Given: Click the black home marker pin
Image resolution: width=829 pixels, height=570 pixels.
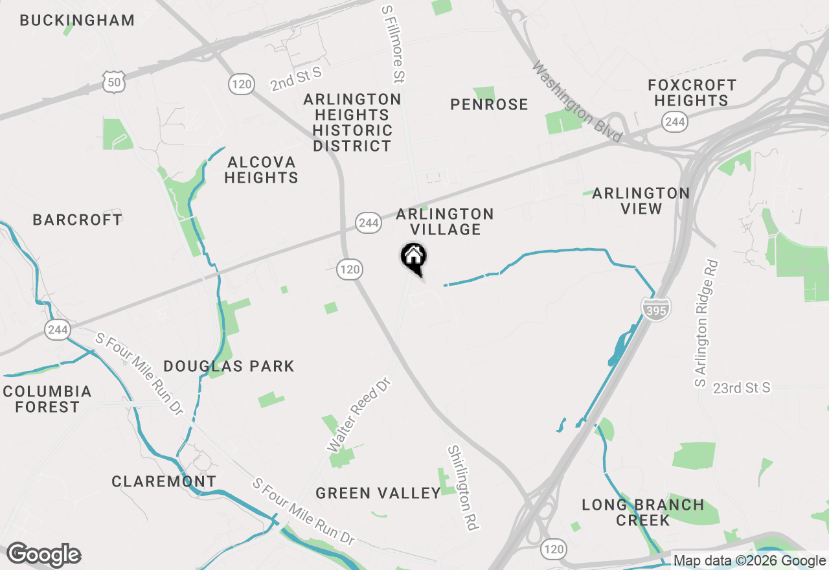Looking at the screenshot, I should coord(413,257).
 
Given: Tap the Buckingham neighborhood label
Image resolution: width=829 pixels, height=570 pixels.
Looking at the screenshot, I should coord(77,20).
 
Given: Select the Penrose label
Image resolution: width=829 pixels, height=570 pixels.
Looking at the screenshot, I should coord(489,104).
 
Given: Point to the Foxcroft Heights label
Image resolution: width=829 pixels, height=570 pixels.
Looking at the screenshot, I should coord(692,93).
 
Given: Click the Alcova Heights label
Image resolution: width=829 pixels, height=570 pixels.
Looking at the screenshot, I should coord(261,170).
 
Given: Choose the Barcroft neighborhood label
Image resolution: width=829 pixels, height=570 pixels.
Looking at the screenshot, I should coord(77,220).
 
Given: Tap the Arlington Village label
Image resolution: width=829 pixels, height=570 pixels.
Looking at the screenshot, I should coord(445,222).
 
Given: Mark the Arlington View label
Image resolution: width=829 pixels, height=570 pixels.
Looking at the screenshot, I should coord(641,201).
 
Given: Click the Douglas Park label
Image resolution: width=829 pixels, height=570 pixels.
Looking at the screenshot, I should coord(229,366).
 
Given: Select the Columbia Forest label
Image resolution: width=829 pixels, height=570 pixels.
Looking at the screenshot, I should coord(47,399).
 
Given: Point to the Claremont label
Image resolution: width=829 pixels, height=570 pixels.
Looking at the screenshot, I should coord(163,481).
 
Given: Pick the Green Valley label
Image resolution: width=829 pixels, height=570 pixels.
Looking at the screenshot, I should coord(378,493).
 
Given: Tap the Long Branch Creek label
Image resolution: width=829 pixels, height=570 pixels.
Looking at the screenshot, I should coord(642,512).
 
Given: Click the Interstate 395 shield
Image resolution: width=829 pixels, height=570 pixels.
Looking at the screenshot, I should coord(657,309).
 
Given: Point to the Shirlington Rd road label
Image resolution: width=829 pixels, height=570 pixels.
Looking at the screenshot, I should coord(462,487).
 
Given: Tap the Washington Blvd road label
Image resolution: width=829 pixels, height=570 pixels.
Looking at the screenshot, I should coord(576,102).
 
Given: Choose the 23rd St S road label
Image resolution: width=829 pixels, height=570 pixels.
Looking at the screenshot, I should coord(742,387).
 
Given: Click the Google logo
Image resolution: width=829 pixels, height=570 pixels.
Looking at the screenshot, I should coord(43,554).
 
